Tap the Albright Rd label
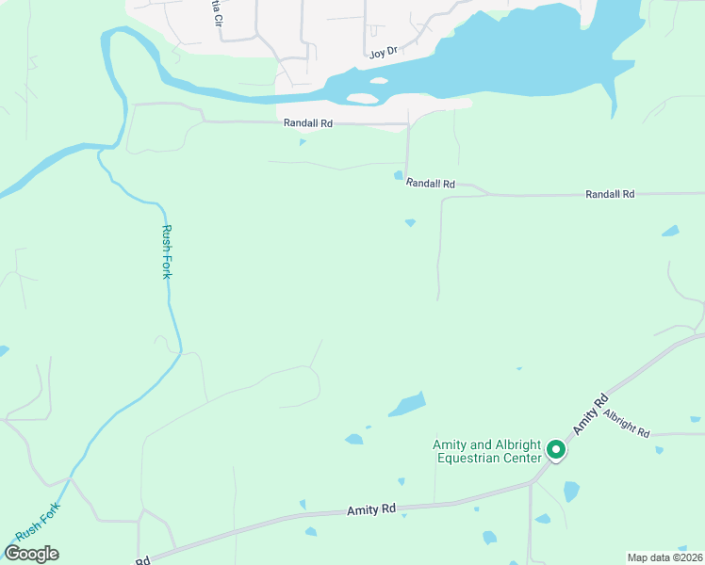[x=627, y=424]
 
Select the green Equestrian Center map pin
[x=556, y=451]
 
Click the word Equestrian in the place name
[x=471, y=459]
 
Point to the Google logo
[x=31, y=554]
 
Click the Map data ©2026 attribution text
[x=664, y=557]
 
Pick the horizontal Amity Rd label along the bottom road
[x=370, y=509]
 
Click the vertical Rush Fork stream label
[x=168, y=252]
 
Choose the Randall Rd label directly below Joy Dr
[x=307, y=123]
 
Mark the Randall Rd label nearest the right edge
[x=610, y=194]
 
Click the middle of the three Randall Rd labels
[x=431, y=185]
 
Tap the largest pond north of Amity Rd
[x=408, y=405]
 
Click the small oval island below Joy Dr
[x=380, y=81]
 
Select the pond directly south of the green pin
[x=571, y=491]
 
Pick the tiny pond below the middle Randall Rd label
[x=410, y=222]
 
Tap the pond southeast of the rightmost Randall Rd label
[x=670, y=231]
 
